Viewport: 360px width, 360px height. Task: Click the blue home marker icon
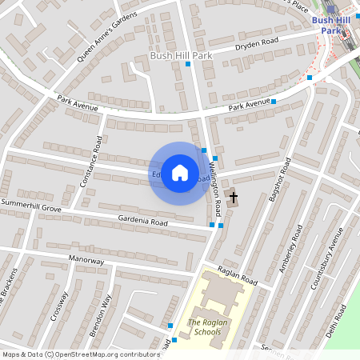pyautogui.click(x=180, y=173)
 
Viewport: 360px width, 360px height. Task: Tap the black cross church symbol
pyautogui.click(x=234, y=196)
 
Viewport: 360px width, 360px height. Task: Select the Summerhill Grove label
pyautogui.click(x=31, y=207)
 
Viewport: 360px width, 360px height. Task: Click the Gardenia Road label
pyautogui.click(x=142, y=221)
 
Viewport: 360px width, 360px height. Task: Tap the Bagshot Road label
pyautogui.click(x=282, y=180)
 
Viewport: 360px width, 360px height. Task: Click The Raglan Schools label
pyautogui.click(x=203, y=327)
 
